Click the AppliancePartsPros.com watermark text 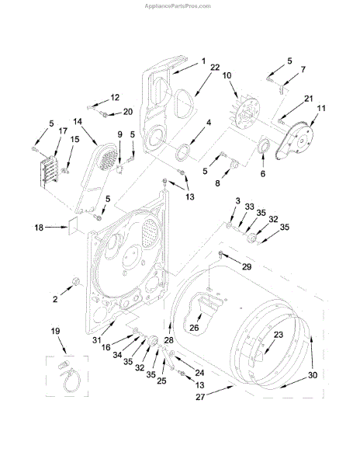click(x=178, y=6)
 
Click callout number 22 click(x=215, y=67)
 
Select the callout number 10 click(x=227, y=75)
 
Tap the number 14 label click(x=78, y=122)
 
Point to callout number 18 click(x=39, y=228)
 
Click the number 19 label click(x=56, y=331)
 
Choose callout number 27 click(x=200, y=397)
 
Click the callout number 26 click(x=194, y=328)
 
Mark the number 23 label click(x=279, y=335)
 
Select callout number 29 click(x=247, y=266)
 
